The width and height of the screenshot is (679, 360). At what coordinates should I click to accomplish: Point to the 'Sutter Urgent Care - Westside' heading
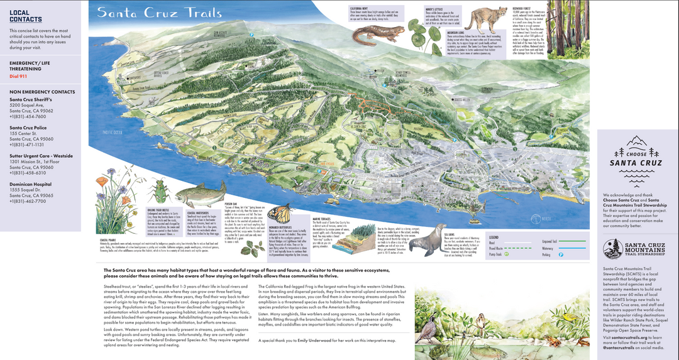tap(41, 155)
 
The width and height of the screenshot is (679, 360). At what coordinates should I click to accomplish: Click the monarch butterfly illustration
tap(283, 214)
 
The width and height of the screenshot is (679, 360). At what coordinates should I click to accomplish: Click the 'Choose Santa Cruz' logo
tap(636, 154)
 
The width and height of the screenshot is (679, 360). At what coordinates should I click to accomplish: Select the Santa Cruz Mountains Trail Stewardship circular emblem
tap(614, 249)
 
